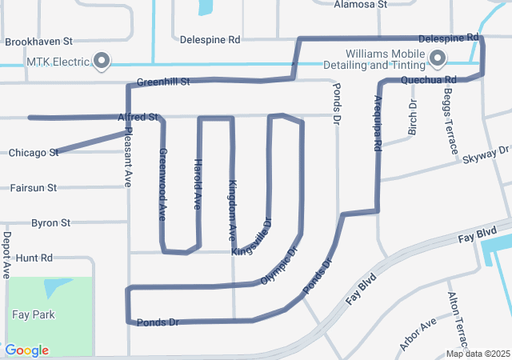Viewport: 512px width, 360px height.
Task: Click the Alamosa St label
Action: coord(361,4)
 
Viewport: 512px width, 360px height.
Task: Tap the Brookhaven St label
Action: coord(38,41)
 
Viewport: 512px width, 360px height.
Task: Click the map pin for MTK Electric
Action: coord(102,60)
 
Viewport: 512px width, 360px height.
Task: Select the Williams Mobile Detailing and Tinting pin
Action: coord(438,58)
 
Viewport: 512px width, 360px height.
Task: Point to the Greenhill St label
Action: coord(162,82)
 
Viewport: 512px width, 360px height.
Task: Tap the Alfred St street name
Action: coord(138,117)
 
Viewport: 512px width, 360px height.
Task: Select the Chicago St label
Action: coord(33,152)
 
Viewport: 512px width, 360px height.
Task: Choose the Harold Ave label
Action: coord(198,185)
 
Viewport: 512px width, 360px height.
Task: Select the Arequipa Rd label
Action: coord(378,124)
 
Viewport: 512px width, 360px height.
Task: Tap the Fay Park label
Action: coord(33,314)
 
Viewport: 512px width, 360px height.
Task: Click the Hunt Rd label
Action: coord(34,258)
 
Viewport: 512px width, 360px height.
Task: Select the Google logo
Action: coord(26,350)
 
